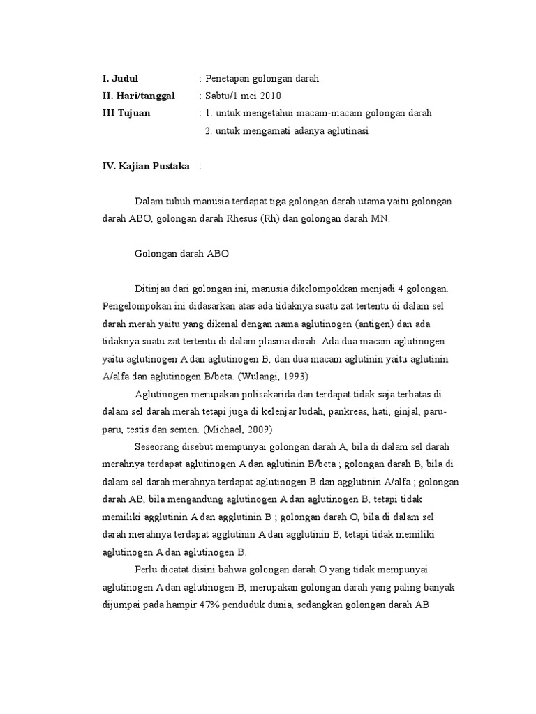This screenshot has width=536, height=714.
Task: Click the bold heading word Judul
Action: click(125, 79)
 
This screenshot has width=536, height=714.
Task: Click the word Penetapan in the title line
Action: click(227, 79)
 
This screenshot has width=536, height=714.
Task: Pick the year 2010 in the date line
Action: click(269, 96)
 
